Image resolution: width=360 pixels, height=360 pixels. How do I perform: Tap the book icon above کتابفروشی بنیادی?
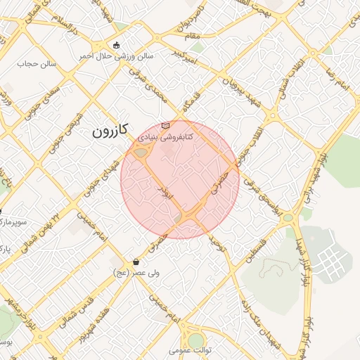165,125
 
